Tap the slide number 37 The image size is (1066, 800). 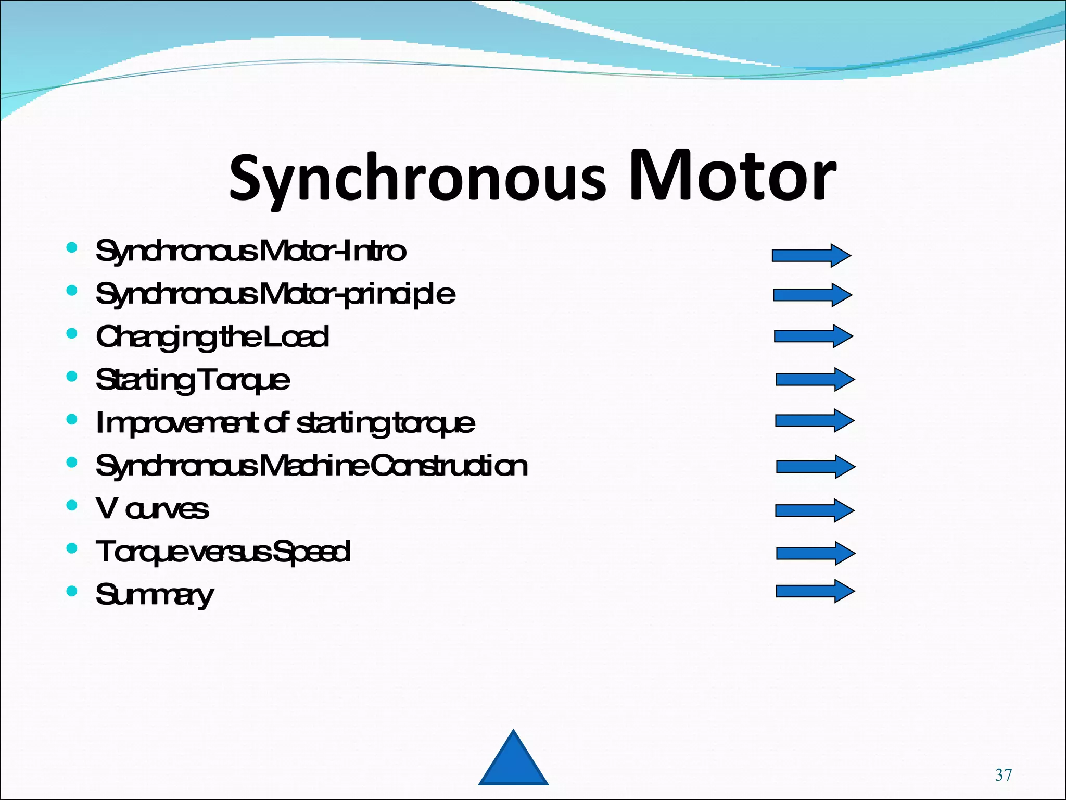[x=1003, y=775]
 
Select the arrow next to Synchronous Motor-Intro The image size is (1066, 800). [x=811, y=255]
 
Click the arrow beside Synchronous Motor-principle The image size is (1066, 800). [x=812, y=295]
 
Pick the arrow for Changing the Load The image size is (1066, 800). [x=813, y=336]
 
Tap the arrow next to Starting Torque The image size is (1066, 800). [x=815, y=379]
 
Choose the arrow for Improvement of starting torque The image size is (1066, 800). [x=814, y=420]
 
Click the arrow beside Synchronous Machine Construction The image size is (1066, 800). [x=815, y=466]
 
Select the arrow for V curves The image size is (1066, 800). [x=814, y=510]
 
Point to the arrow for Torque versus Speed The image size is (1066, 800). [x=815, y=553]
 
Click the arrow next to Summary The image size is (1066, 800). [x=815, y=591]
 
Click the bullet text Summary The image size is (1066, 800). [x=155, y=595]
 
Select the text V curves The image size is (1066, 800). [x=153, y=509]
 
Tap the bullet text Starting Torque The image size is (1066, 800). [x=193, y=380]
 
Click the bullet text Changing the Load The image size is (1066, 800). [x=212, y=337]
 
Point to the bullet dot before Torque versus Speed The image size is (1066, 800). [x=72, y=548]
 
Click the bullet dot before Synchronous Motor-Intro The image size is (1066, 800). [x=72, y=247]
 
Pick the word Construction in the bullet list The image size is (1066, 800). [x=449, y=466]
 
